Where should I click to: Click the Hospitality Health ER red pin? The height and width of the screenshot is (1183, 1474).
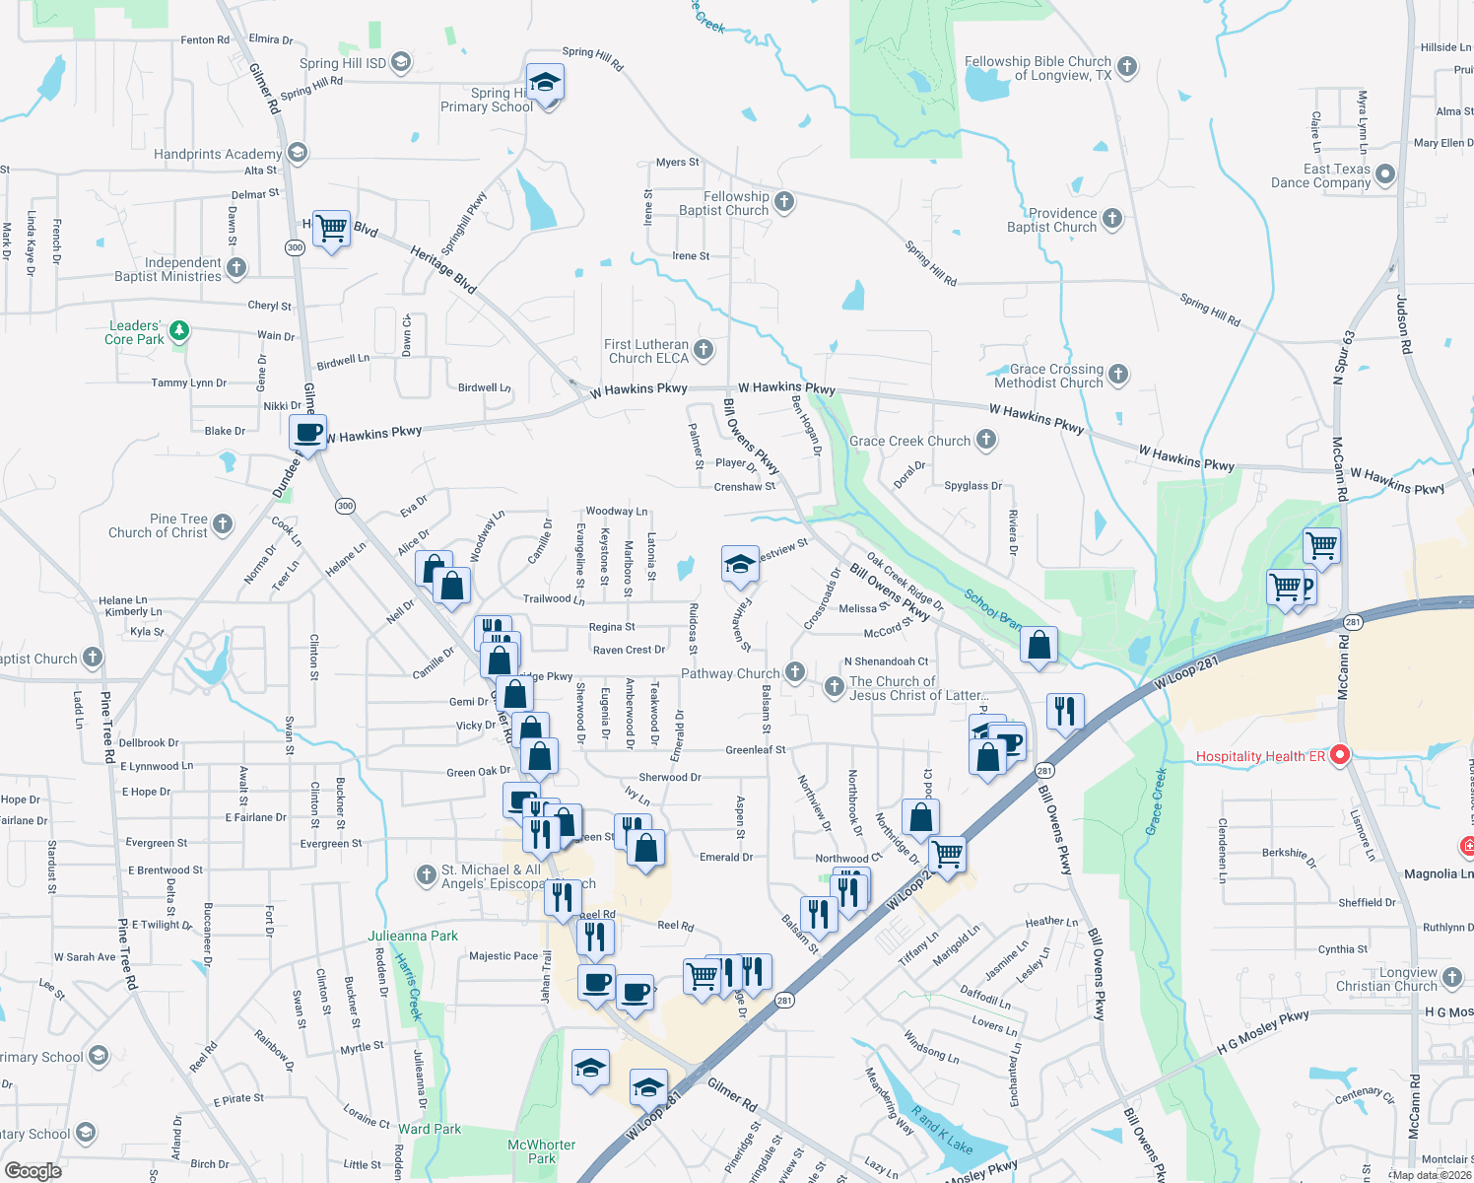click(x=1339, y=756)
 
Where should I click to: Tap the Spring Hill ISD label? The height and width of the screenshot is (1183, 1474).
click(x=343, y=63)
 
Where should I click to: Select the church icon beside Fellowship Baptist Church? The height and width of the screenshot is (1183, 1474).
click(x=784, y=202)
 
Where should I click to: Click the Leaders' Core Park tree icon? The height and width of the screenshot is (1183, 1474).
click(x=179, y=330)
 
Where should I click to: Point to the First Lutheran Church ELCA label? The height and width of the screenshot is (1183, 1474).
click(x=646, y=352)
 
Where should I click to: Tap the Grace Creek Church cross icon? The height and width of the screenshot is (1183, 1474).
click(x=986, y=440)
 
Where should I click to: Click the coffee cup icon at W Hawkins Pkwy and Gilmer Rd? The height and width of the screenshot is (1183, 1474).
click(x=308, y=432)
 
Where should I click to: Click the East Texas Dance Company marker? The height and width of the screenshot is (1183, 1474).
click(x=1385, y=175)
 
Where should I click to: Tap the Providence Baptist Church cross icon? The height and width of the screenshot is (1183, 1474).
click(x=1112, y=219)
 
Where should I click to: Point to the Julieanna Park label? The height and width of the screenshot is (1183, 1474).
click(x=413, y=936)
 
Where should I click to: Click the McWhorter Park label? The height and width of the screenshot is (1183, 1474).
click(x=541, y=1151)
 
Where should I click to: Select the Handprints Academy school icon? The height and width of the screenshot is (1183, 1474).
click(x=298, y=153)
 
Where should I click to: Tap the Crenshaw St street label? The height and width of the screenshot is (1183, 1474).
click(x=744, y=487)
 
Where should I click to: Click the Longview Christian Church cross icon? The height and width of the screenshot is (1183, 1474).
click(x=1452, y=978)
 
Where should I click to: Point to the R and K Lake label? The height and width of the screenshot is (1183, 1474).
click(x=941, y=1130)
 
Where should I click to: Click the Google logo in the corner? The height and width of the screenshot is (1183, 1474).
click(x=33, y=1170)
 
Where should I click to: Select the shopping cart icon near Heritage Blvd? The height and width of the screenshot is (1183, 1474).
click(x=332, y=229)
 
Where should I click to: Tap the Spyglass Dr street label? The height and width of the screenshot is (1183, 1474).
click(x=972, y=486)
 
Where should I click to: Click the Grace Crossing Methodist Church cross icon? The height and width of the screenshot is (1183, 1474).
click(x=1118, y=374)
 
